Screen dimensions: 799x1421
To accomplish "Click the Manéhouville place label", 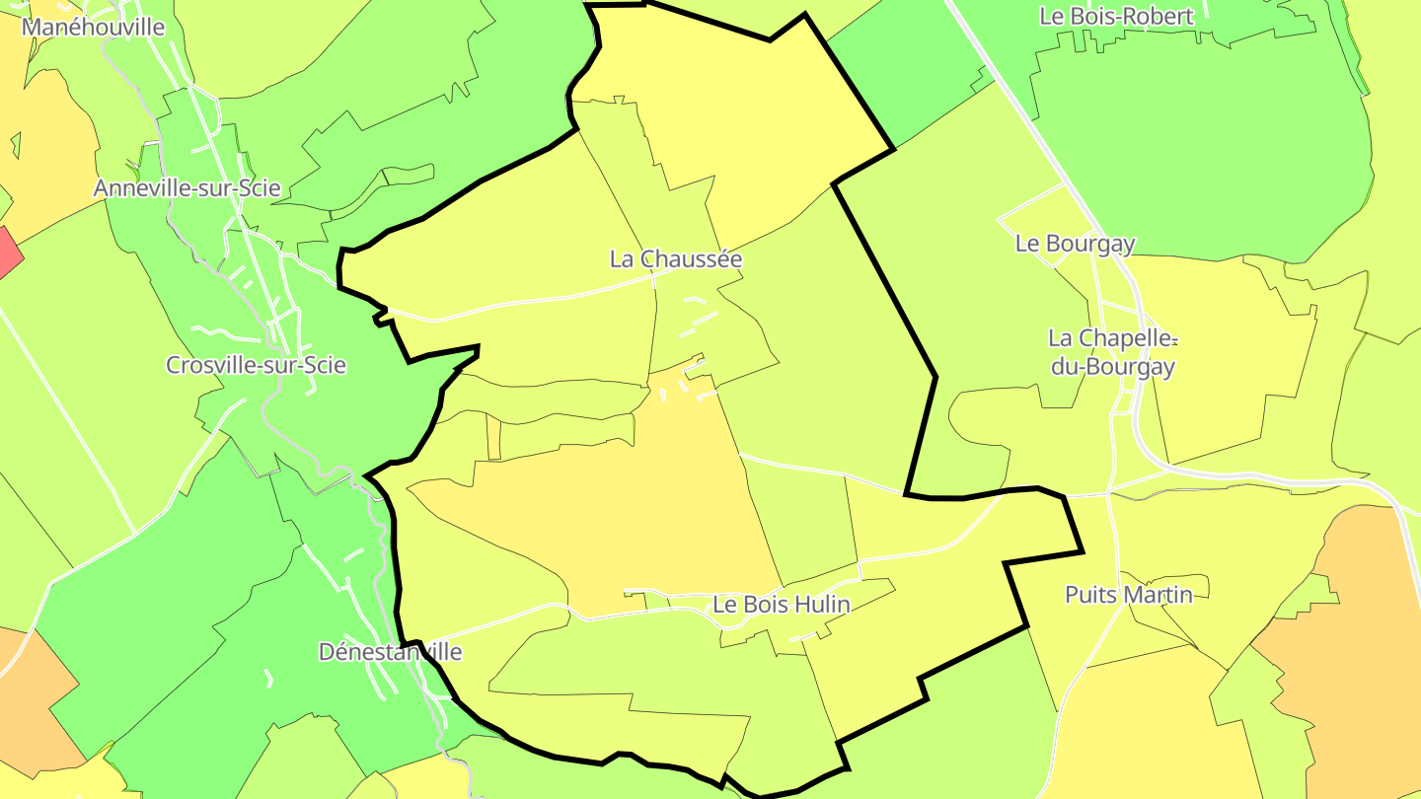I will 93,27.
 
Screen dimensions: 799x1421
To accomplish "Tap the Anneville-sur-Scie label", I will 187,187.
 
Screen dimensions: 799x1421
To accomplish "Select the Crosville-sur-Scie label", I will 256,365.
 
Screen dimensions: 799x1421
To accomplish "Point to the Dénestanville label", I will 390,652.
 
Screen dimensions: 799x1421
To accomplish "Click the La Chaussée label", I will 676,258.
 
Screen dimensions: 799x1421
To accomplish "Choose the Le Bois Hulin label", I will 781,604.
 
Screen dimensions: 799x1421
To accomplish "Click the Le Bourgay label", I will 1075,243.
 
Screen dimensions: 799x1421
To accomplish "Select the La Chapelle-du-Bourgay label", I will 1112,352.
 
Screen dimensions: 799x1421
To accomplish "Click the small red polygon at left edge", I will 8,252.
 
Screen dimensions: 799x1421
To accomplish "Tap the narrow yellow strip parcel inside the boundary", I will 493,437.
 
